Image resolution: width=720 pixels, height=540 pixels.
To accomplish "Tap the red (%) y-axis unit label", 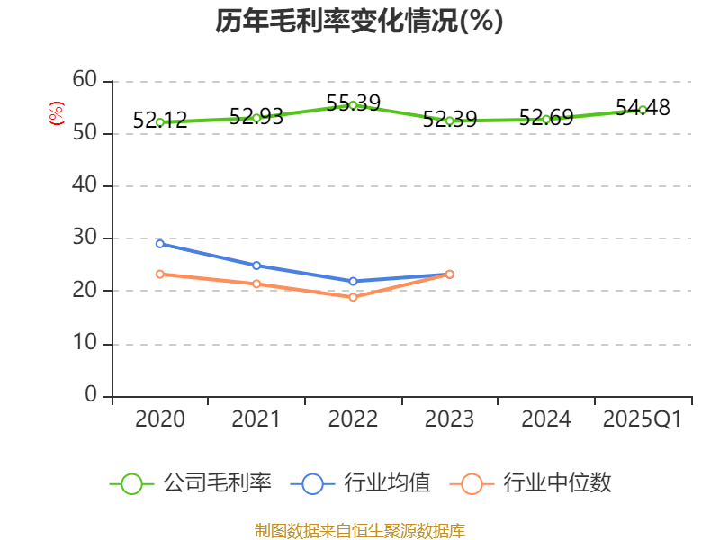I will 56,113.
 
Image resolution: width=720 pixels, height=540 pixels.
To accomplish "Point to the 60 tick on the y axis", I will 85,80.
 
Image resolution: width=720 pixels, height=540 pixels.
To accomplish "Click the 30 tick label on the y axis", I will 85,238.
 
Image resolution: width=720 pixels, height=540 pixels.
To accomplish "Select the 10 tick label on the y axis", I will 85,344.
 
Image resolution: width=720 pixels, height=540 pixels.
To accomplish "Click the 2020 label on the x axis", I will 159,419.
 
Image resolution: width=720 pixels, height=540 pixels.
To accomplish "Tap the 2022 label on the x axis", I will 353,419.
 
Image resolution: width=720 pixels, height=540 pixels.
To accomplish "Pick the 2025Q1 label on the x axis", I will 642,419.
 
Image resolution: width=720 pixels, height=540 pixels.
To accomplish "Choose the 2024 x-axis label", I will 545,419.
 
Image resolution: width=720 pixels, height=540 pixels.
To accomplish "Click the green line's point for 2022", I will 353,105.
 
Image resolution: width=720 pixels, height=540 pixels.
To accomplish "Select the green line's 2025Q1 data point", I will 643,110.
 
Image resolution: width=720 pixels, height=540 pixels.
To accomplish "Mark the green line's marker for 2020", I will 159,122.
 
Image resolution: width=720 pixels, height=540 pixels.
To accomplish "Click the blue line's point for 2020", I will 159,243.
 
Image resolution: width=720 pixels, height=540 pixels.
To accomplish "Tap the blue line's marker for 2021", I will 256,265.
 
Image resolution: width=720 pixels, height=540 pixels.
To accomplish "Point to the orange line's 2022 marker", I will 353,297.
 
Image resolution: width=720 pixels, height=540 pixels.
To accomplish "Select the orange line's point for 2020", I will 159,274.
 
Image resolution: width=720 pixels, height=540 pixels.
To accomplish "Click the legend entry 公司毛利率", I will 191,483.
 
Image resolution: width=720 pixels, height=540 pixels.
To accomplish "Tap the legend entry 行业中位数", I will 536,483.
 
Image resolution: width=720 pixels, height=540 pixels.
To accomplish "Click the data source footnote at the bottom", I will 359,530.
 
